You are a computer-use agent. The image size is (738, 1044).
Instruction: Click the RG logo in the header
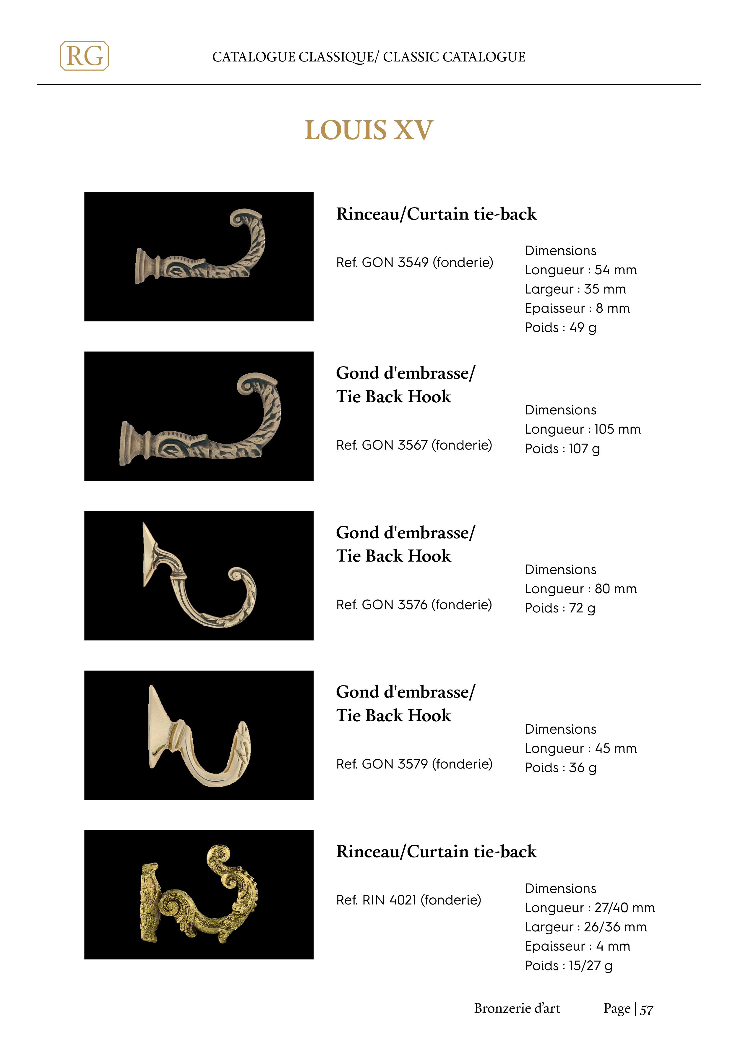pyautogui.click(x=84, y=56)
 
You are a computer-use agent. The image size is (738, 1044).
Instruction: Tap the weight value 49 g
pyautogui.click(x=583, y=328)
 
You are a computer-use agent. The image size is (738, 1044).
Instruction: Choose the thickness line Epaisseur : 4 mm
pyautogui.click(x=577, y=946)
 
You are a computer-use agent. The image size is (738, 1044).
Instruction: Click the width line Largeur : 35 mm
pyautogui.click(x=575, y=289)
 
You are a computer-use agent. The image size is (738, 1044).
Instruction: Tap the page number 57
pyautogui.click(x=646, y=1010)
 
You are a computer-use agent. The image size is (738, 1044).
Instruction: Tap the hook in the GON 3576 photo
pyautogui.click(x=200, y=578)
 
